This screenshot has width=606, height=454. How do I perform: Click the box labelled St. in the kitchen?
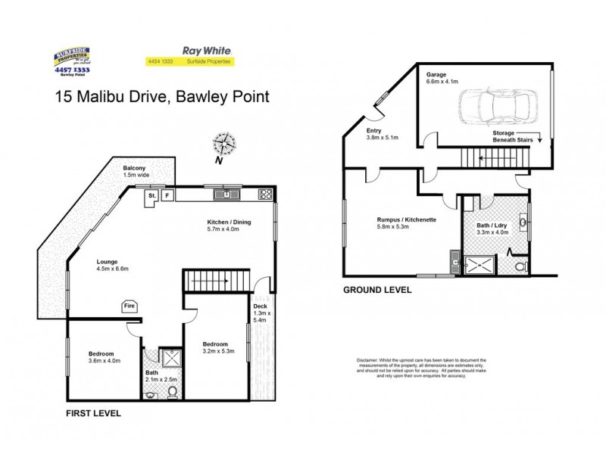coord(151,195)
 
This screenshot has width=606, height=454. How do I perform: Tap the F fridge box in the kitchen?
coord(167,195)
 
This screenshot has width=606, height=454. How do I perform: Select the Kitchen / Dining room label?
coord(230,225)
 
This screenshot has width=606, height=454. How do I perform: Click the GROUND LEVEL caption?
coord(377,290)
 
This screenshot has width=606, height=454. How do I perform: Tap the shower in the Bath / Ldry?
coord(479,265)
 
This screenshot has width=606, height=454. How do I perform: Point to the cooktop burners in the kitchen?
coord(266,194)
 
